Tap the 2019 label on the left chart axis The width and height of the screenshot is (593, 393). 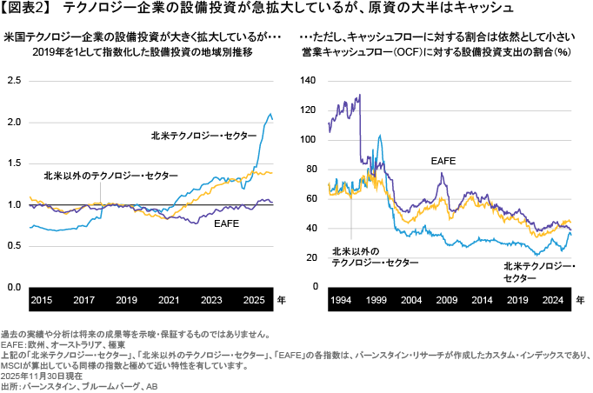click(127, 299)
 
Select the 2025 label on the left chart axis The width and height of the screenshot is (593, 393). click(255, 299)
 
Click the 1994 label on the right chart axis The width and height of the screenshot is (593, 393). click(341, 299)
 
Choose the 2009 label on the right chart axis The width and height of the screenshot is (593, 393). click(446, 299)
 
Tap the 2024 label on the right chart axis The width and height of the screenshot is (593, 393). click(552, 299)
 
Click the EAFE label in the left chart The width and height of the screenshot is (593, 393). click(226, 223)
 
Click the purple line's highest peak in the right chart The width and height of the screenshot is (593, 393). click(360, 95)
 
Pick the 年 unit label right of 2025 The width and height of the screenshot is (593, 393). click(280, 299)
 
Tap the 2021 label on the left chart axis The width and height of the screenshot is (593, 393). click(170, 299)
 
